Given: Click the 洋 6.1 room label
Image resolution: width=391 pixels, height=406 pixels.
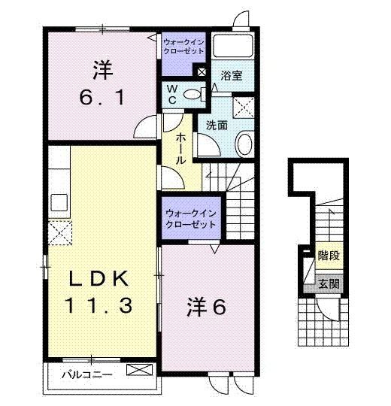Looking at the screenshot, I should coord(102,84).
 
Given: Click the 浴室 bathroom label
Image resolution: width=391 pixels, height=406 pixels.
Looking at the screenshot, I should coord(231,76).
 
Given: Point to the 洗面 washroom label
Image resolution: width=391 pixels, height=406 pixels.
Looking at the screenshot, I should coord(217,126).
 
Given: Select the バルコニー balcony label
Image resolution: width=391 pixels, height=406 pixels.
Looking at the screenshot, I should coord(82,371).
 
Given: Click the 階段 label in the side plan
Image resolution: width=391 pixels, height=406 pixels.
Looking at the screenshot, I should coord(328,256).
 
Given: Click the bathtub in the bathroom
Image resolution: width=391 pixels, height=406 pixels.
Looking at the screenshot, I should coord(233,46).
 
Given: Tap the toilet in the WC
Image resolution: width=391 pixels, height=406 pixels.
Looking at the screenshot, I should coord(194,95).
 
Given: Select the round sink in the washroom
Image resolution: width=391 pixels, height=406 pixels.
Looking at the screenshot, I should coord(244,143).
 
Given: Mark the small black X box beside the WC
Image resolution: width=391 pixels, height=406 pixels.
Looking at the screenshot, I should coord(202,72).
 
